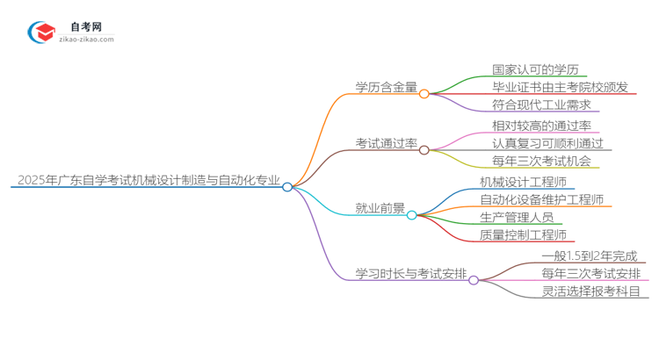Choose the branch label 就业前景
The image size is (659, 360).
[380, 209]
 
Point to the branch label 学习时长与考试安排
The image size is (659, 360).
[409, 274]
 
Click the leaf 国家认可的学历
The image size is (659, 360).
[534, 68]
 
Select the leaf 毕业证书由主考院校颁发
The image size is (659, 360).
[559, 87]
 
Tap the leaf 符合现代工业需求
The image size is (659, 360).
[540, 105]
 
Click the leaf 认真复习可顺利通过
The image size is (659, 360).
[547, 144]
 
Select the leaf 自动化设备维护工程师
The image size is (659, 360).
[546, 200]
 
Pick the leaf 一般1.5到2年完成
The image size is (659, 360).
[589, 256]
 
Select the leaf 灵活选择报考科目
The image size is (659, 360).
[590, 292]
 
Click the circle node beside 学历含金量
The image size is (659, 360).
[424, 93]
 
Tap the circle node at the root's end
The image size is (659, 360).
[286, 187]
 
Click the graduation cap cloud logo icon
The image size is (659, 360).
[44, 32]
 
